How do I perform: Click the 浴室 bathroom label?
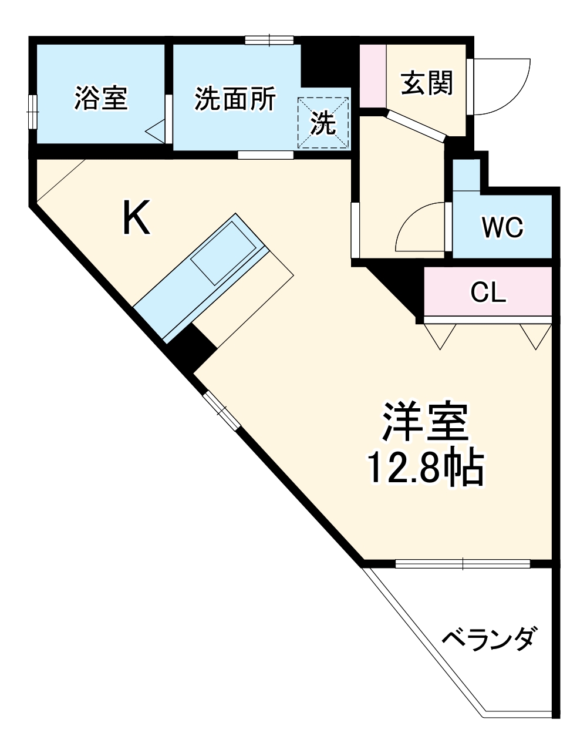[100, 98]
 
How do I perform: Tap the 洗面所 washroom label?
[235, 98]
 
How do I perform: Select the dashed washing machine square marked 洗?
[323, 122]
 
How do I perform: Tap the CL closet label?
[488, 293]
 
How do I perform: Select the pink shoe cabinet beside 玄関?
[372, 75]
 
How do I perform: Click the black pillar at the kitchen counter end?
[191, 348]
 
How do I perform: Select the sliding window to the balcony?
[463, 564]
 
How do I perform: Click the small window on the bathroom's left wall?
[33, 110]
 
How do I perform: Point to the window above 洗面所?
[269, 40]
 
